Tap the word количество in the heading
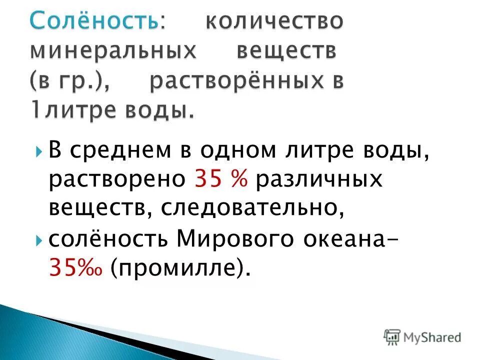[274, 21]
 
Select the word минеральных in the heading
[111, 51]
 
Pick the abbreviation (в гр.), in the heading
[76, 81]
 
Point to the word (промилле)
[180, 269]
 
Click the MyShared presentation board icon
[392, 336]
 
